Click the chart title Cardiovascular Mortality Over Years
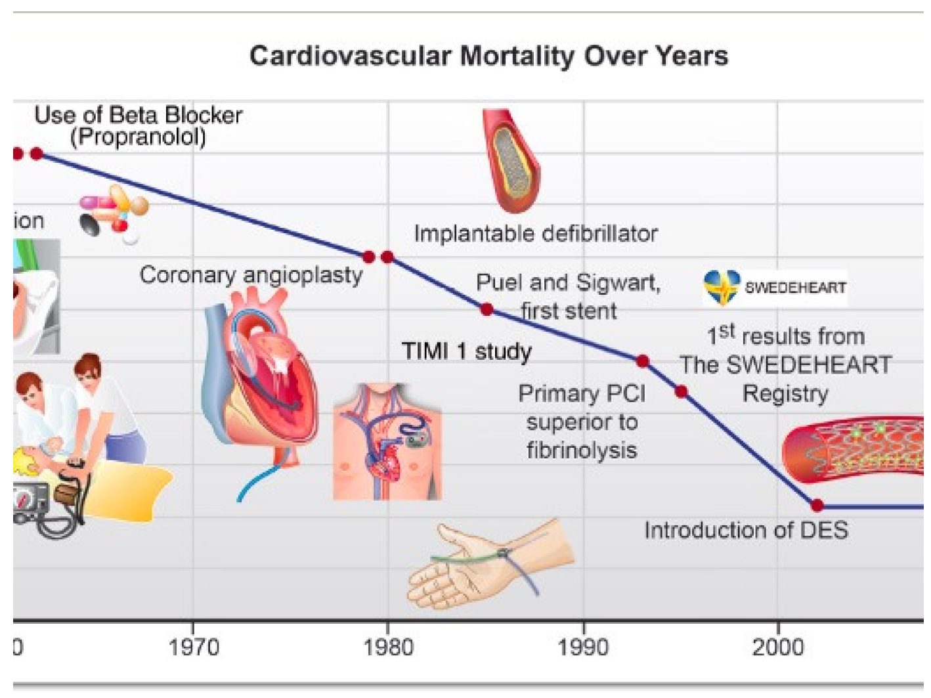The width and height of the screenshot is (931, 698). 488,56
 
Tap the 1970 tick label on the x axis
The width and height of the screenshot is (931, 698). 193,647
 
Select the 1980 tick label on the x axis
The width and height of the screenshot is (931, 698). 388,647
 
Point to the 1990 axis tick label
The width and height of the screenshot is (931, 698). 583,647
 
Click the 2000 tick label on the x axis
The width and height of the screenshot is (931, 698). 778,647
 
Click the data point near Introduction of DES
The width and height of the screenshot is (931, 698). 817,506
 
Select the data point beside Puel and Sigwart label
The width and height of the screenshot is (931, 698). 487,309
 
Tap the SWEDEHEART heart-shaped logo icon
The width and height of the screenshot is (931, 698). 722,288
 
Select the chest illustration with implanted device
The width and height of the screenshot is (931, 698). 387,441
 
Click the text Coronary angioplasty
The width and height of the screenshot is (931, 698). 251,274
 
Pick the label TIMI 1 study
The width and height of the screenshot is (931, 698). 466,351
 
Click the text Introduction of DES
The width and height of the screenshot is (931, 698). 746,530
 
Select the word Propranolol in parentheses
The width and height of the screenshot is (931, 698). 138,137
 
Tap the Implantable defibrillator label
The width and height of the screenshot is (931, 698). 536,233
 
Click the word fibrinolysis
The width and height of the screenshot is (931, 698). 582,450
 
